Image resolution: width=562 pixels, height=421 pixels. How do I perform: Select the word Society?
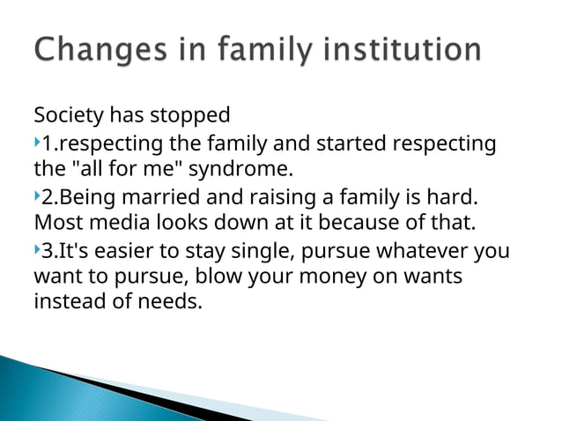coord(69,115)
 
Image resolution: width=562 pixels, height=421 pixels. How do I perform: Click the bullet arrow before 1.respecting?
coord(37,142)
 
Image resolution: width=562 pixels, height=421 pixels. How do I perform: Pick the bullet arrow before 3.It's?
coord(37,251)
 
